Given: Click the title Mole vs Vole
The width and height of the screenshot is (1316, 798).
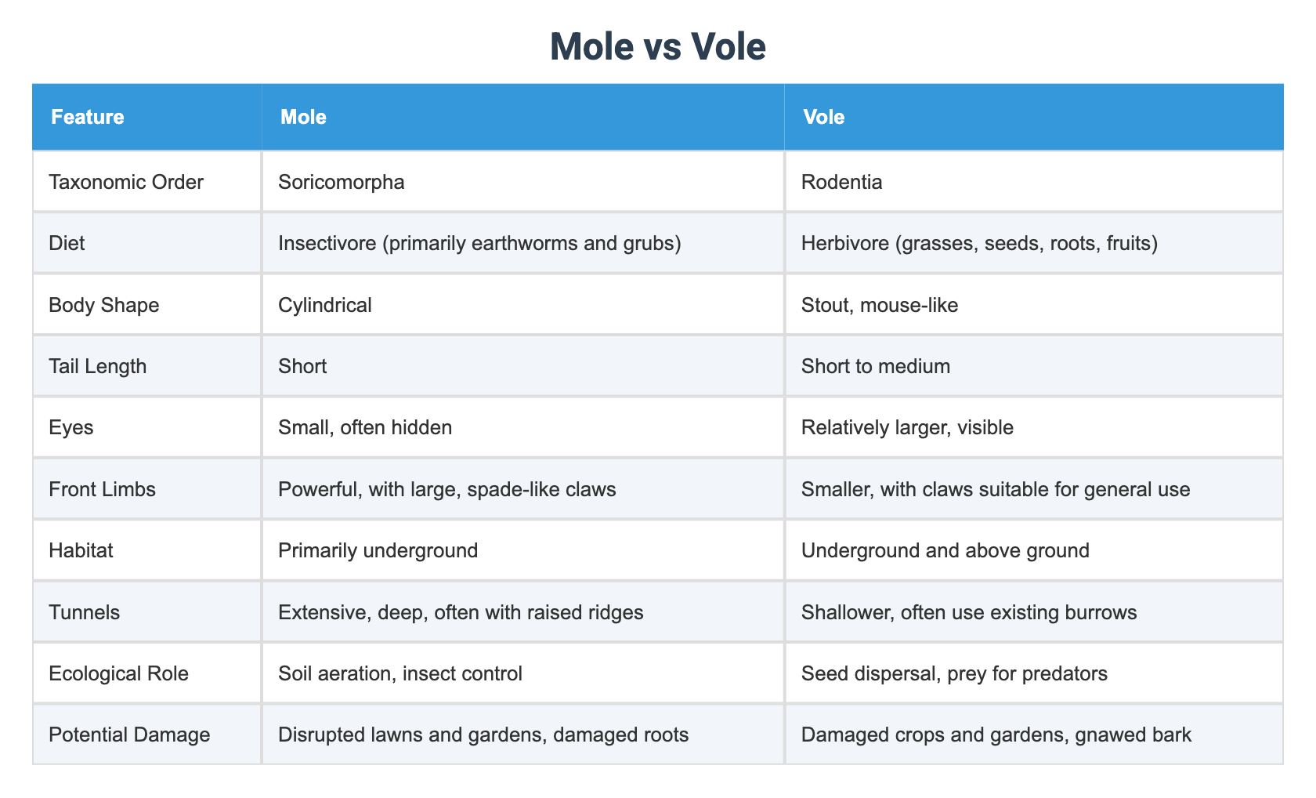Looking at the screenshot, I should tap(657, 47).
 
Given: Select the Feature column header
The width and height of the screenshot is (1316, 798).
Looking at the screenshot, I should tap(88, 118).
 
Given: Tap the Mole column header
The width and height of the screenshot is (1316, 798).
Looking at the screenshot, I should tap(303, 118).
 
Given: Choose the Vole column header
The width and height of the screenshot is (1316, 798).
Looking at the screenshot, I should tap(824, 118).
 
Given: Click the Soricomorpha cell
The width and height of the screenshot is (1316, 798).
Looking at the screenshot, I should tap(342, 183).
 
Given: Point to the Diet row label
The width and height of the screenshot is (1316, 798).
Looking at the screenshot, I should tap(67, 244).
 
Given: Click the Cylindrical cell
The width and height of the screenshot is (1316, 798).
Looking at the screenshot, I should tap(325, 305).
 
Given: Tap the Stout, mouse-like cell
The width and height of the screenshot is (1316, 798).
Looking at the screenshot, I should tap(880, 305).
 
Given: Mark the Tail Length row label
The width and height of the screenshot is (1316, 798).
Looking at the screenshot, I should tap(97, 366).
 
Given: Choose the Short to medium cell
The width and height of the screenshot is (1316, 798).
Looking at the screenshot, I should tap(876, 366).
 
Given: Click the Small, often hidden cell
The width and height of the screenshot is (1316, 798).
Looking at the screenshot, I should tap(365, 428).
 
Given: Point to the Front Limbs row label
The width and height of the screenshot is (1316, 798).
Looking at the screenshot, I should tap(102, 490).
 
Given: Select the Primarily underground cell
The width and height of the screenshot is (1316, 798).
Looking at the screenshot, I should tap(378, 551).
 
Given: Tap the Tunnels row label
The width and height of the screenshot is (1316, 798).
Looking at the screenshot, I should tap(85, 612).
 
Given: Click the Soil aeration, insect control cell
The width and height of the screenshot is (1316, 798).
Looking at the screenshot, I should tap(399, 674).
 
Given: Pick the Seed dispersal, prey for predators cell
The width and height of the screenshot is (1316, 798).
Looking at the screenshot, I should tap(954, 674).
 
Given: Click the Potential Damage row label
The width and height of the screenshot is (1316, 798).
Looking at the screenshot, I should tap(129, 735).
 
